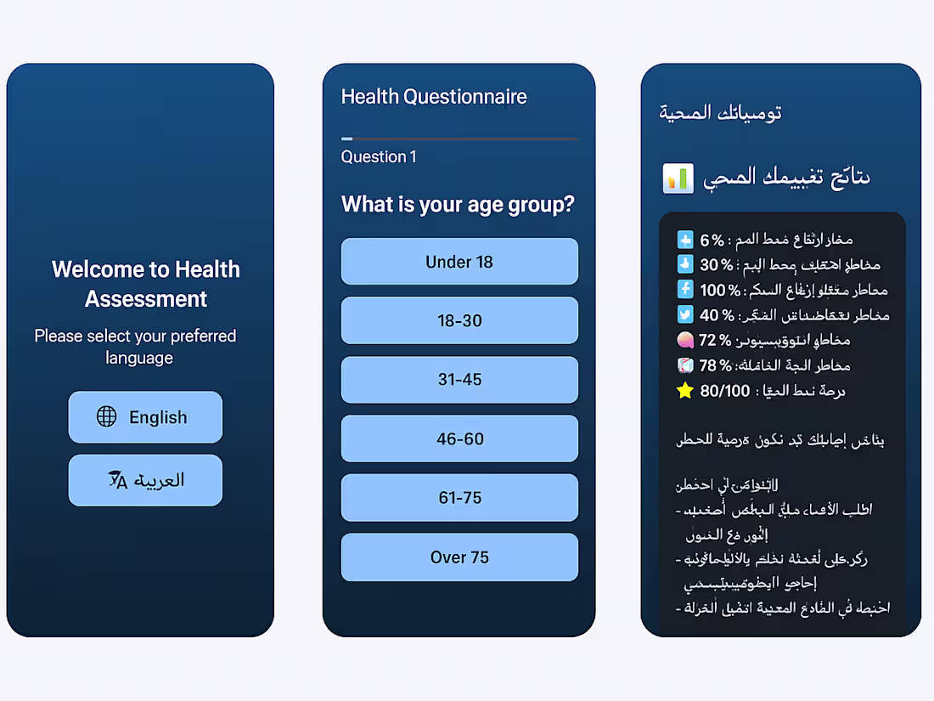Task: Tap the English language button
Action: pyautogui.click(x=145, y=417)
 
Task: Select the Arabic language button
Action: pyautogui.click(x=145, y=480)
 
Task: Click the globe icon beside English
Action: pyautogui.click(x=106, y=416)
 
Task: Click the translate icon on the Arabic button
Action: pyautogui.click(x=118, y=480)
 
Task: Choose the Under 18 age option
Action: pyautogui.click(x=459, y=262)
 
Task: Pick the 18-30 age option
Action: pyautogui.click(x=459, y=320)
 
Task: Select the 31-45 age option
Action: pyautogui.click(x=459, y=380)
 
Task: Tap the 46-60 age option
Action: pyautogui.click(x=459, y=438)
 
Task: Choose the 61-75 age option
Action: pyautogui.click(x=459, y=498)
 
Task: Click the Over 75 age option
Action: pyautogui.click(x=459, y=557)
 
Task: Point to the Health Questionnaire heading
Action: pyautogui.click(x=434, y=97)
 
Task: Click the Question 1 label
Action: pyautogui.click(x=379, y=157)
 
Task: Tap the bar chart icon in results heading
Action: pyautogui.click(x=678, y=178)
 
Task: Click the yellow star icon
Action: pyautogui.click(x=685, y=391)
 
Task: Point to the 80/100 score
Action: pyautogui.click(x=725, y=391)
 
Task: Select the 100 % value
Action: pyautogui.click(x=720, y=290)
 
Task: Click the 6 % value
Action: pyautogui.click(x=712, y=240)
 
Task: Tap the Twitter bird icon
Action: pyautogui.click(x=685, y=315)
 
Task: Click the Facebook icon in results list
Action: pyautogui.click(x=685, y=290)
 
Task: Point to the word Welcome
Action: pyautogui.click(x=98, y=269)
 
